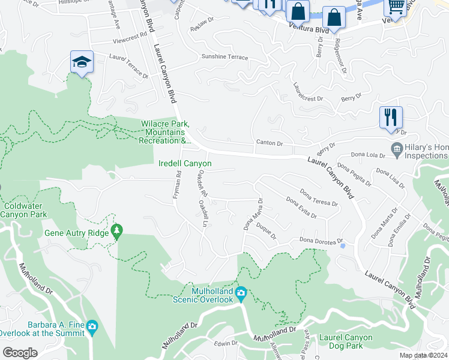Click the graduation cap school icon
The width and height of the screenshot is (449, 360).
82,61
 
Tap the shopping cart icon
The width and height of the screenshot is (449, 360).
395,7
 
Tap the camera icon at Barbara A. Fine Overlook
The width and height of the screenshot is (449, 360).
91,327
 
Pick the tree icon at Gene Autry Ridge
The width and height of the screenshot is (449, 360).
118,230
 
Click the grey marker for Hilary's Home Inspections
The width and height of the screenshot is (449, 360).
396,148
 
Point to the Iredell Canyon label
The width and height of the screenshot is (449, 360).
185,163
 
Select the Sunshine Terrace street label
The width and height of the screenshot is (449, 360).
224,57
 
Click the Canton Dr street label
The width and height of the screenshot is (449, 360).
269,143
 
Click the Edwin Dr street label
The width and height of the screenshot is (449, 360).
226,344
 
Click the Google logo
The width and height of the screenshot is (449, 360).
20,353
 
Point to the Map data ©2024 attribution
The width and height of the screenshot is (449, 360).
415,355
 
